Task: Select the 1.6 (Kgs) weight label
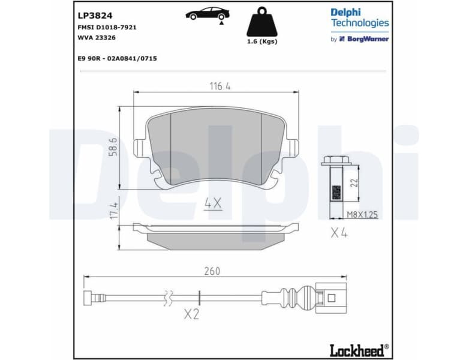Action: click(x=262, y=41)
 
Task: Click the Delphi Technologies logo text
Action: click(x=359, y=17)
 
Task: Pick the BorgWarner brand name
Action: click(x=368, y=38)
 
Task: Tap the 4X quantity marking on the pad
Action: click(x=212, y=203)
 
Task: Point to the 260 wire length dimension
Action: click(x=212, y=271)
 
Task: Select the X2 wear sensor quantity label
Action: click(x=190, y=314)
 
